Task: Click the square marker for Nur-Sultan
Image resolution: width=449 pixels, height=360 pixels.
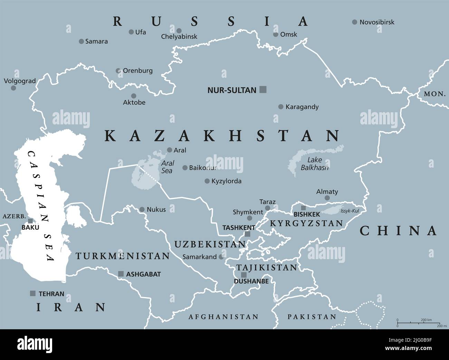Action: [263, 90]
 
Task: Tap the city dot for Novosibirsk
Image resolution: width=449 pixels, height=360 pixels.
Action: [354, 22]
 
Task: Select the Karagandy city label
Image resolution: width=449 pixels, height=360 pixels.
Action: [302, 107]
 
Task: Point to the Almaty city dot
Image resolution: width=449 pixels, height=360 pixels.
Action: [327, 198]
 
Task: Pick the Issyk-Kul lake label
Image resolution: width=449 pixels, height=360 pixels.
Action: [350, 211]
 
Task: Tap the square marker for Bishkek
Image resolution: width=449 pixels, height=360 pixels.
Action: [303, 208]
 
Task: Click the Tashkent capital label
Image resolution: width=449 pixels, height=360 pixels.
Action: [239, 228]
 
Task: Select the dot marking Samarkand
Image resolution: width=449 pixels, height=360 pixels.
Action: [221, 257]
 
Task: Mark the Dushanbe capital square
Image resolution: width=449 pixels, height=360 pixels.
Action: [244, 275]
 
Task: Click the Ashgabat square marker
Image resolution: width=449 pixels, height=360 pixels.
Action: [121, 274]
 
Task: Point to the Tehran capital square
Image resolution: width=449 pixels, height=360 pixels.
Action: [33, 293]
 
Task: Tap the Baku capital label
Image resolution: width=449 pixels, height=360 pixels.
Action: [30, 227]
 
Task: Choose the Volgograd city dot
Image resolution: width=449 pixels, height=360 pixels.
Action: [13, 88]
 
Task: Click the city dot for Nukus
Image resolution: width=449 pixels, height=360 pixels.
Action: [142, 209]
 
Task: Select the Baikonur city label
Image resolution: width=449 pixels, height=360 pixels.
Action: [203, 168]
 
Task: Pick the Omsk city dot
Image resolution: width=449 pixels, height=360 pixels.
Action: [276, 35]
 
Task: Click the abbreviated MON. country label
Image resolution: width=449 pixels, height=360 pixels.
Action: [435, 94]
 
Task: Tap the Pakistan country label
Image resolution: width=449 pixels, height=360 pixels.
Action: [312, 316]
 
